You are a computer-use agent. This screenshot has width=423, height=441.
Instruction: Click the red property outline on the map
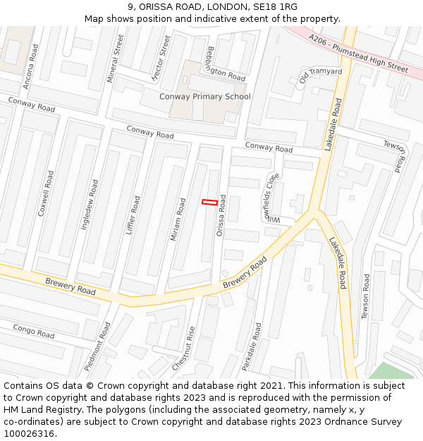209,203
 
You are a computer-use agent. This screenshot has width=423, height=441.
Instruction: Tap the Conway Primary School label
204,97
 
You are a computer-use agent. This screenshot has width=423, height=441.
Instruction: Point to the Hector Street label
161,59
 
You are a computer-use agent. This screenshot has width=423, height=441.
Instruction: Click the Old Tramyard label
320,75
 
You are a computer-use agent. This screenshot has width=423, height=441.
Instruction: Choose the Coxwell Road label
47,192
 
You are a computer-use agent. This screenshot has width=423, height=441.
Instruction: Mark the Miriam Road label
177,219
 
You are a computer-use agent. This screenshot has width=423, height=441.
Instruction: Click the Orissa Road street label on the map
222,215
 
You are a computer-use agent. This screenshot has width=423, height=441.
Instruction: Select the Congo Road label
34,331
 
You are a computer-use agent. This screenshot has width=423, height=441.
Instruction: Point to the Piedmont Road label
97,346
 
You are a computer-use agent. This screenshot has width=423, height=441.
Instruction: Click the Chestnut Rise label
184,349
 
